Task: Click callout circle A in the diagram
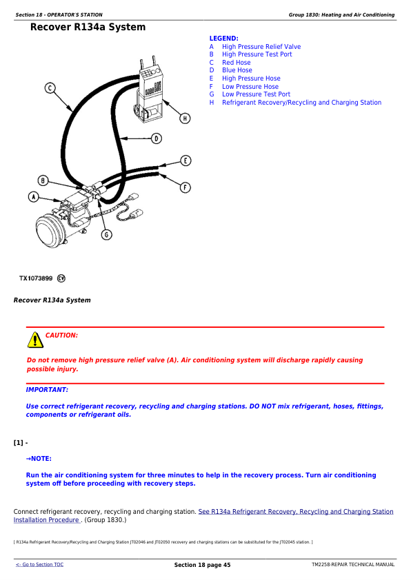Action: [34, 197]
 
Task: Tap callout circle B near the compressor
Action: [43, 180]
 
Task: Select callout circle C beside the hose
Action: [50, 88]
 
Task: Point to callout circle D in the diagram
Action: [157, 138]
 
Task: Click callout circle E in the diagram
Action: [186, 160]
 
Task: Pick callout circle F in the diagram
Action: [185, 187]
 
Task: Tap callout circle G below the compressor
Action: [107, 234]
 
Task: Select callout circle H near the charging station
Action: [185, 118]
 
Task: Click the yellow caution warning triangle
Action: [35, 340]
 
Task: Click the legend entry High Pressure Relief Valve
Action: [261, 47]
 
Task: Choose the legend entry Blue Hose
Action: [237, 70]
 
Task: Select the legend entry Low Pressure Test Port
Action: [257, 94]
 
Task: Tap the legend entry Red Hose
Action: [237, 63]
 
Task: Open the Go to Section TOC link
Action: [39, 564]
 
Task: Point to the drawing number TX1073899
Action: [36, 278]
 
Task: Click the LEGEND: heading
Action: [224, 39]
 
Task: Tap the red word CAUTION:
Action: [61, 335]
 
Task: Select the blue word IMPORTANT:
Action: [47, 390]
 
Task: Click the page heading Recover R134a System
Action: [88, 27]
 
